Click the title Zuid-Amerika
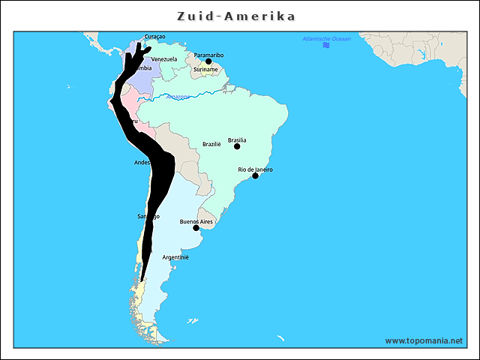click(236, 16)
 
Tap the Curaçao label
click(154, 37)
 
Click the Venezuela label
click(164, 59)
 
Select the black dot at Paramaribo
click(208, 61)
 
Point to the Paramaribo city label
click(208, 55)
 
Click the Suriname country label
click(205, 69)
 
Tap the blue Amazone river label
click(178, 96)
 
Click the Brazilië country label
click(211, 144)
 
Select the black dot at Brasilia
click(237, 146)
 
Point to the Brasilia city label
click(237, 139)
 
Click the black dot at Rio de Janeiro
click(255, 175)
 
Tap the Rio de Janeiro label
click(255, 169)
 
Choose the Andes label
click(142, 162)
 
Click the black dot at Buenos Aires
click(196, 228)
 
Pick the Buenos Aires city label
click(196, 222)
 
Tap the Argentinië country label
click(175, 257)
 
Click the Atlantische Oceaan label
click(326, 38)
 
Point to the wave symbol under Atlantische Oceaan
click(326, 46)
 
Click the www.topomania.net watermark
click(424, 340)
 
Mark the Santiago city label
click(148, 217)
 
